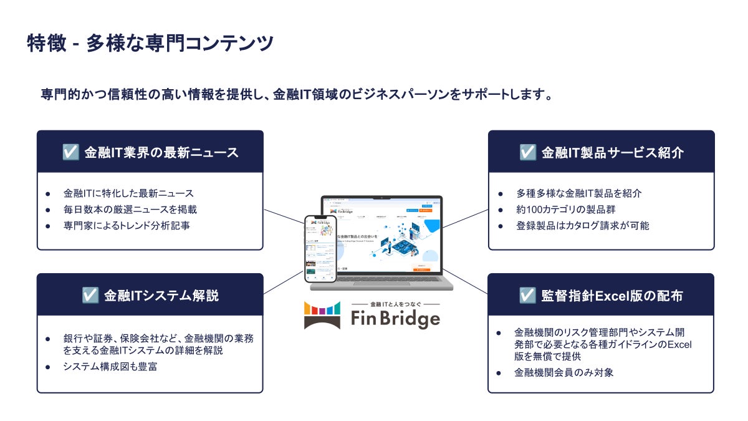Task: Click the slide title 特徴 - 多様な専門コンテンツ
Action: (150, 44)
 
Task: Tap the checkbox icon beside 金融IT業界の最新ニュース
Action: (70, 152)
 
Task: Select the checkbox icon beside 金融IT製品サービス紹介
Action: (527, 152)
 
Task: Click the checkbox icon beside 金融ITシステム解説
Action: (90, 295)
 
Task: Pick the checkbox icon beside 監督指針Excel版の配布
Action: (527, 295)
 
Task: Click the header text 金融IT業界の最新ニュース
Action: (161, 152)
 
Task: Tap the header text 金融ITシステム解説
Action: (161, 295)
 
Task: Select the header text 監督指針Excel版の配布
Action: (612, 295)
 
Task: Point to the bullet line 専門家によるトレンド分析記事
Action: (127, 225)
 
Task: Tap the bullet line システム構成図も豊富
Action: (110, 366)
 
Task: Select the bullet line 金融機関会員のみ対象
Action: (565, 372)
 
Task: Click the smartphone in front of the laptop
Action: (320, 248)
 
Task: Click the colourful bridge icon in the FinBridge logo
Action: (322, 316)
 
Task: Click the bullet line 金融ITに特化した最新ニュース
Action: (128, 193)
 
